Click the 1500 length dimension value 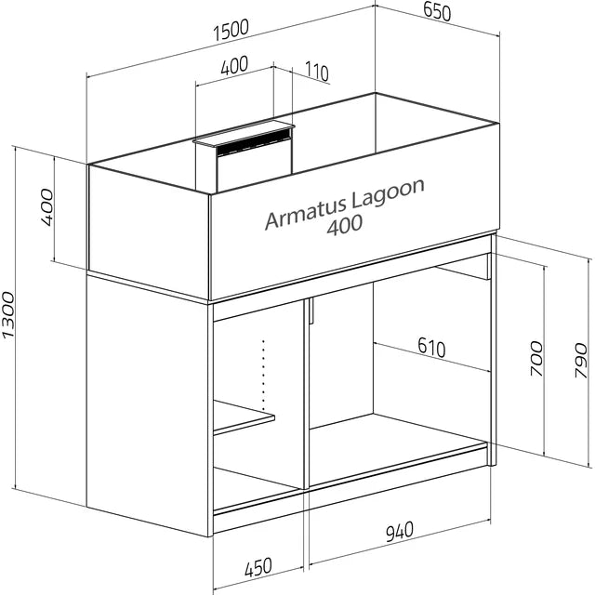[x=231, y=30]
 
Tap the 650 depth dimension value [x=437, y=11]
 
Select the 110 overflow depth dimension [x=316, y=72]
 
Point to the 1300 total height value [x=8, y=314]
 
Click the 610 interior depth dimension [x=431, y=347]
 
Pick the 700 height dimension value [x=536, y=359]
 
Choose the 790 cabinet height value [x=581, y=360]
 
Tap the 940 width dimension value [x=400, y=531]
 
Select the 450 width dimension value [x=258, y=567]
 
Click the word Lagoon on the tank [x=388, y=194]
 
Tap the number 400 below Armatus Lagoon [x=345, y=225]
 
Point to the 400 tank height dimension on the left [x=47, y=207]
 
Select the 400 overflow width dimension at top [x=234, y=65]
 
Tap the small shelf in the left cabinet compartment [x=244, y=417]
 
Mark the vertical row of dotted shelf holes [x=263, y=375]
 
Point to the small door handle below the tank [x=311, y=311]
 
